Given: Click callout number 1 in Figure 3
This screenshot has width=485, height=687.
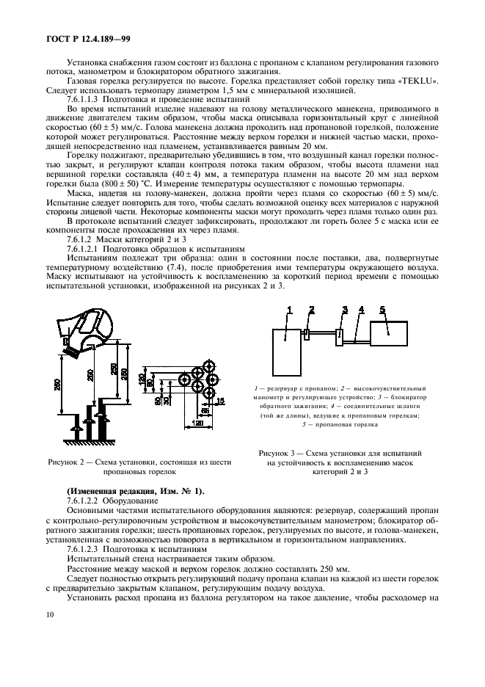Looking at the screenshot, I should (x=290, y=311).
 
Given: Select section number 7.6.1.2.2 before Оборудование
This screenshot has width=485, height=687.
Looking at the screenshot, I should (x=89, y=498).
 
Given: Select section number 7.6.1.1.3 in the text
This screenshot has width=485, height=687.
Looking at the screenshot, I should (x=89, y=98).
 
